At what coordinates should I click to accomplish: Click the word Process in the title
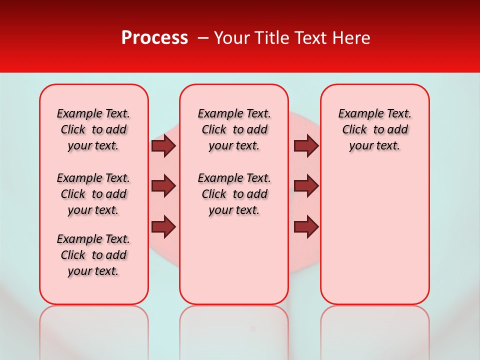154,38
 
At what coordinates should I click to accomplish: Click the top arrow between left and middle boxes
163,145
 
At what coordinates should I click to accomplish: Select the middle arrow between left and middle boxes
163,186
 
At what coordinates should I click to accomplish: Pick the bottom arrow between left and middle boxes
163,227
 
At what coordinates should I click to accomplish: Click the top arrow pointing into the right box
306,145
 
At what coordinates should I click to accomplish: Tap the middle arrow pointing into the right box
306,186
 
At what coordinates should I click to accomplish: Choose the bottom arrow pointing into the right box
306,227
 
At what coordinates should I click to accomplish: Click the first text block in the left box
93,129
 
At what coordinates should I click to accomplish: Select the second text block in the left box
93,194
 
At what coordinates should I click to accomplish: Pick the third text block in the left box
93,255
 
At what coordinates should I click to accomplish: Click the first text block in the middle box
234,129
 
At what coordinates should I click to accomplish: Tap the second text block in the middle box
234,194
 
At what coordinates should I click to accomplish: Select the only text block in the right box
374,129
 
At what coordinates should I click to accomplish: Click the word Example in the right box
355,114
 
